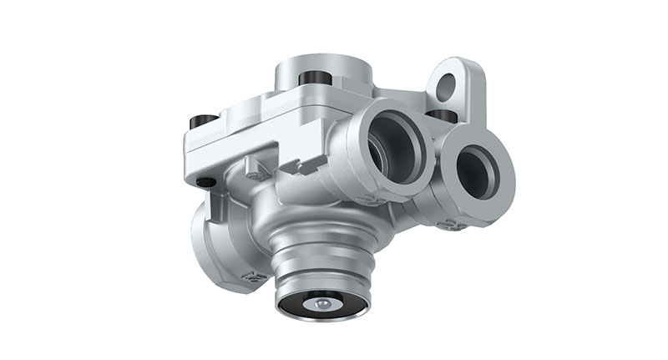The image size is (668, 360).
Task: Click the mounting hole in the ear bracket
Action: [447, 84]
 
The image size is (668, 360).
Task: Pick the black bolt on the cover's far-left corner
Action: [199, 122]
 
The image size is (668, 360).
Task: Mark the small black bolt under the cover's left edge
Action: [205, 181]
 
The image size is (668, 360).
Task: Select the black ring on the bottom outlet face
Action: [321, 307]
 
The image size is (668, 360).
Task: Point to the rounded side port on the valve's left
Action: [209, 242]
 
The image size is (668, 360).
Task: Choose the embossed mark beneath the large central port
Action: [367, 199]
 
